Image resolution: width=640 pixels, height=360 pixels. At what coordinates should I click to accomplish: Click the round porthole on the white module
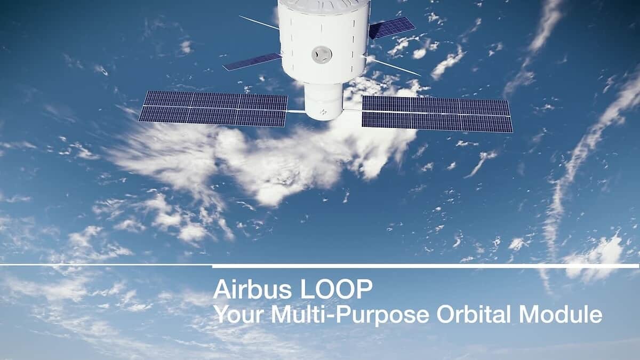(322, 54)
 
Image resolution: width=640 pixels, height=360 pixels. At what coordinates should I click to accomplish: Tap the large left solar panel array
(213, 108)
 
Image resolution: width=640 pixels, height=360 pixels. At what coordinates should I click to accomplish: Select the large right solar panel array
(437, 113)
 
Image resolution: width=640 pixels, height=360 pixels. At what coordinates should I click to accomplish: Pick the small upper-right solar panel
(392, 28)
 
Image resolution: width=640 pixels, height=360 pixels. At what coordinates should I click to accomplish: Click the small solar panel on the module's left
(252, 61)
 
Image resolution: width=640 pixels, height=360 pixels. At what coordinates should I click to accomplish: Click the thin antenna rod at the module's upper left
(259, 22)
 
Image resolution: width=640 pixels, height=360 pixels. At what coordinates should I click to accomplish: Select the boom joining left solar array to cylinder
(296, 111)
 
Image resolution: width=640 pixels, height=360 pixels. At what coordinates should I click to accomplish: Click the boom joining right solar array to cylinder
(353, 110)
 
